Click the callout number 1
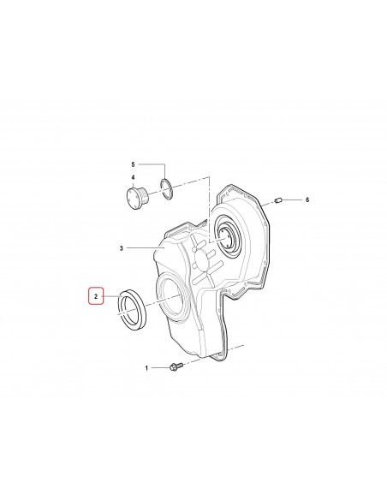pos(146,368)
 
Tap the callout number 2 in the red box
pos(96,296)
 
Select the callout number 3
pos(121,247)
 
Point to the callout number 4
pos(133,177)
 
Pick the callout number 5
pos(133,164)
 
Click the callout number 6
pos(307,200)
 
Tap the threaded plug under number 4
pos(137,199)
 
